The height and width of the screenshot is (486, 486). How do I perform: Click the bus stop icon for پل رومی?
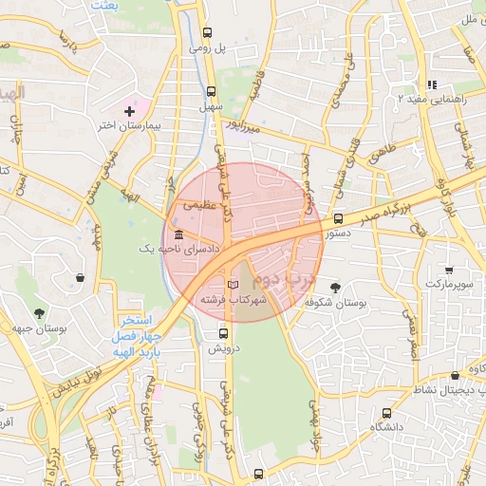[211, 28]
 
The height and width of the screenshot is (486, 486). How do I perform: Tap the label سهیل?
[211, 107]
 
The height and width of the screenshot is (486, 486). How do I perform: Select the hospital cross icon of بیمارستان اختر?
[130, 111]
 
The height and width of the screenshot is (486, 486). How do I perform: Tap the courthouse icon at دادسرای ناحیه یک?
[178, 234]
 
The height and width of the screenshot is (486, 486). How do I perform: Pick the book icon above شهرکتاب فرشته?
[234, 285]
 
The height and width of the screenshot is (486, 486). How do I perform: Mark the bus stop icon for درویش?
[224, 333]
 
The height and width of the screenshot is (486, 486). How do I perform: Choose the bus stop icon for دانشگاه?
[385, 413]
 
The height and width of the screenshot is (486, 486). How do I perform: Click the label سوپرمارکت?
[449, 284]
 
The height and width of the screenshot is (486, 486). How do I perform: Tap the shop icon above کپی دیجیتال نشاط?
[456, 375]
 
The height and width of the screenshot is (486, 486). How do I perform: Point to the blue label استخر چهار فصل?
[139, 328]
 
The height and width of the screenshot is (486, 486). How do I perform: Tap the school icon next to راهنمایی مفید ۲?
[432, 84]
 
